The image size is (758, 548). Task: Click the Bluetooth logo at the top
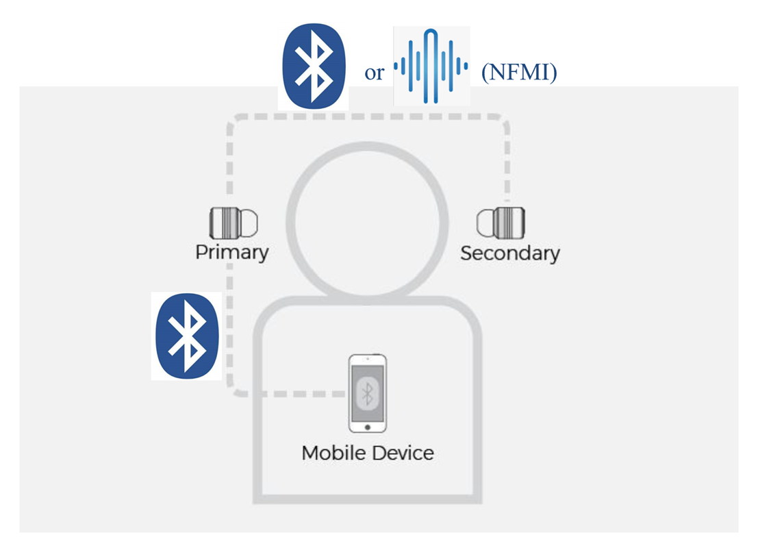(x=313, y=68)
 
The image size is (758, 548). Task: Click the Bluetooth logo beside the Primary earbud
(x=186, y=336)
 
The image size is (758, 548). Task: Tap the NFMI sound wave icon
(x=431, y=66)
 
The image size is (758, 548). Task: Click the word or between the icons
(x=374, y=73)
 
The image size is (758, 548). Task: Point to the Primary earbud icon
(x=233, y=222)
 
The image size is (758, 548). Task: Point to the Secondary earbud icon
(x=505, y=222)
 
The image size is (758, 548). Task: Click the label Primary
(x=231, y=252)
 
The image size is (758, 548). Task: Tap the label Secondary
(x=509, y=253)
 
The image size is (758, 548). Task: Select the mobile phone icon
(x=368, y=393)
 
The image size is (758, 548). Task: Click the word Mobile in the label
(x=331, y=453)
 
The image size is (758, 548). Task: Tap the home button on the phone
(x=368, y=427)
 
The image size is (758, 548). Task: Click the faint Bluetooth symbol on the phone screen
(x=368, y=393)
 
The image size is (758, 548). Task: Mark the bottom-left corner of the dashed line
(x=235, y=391)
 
